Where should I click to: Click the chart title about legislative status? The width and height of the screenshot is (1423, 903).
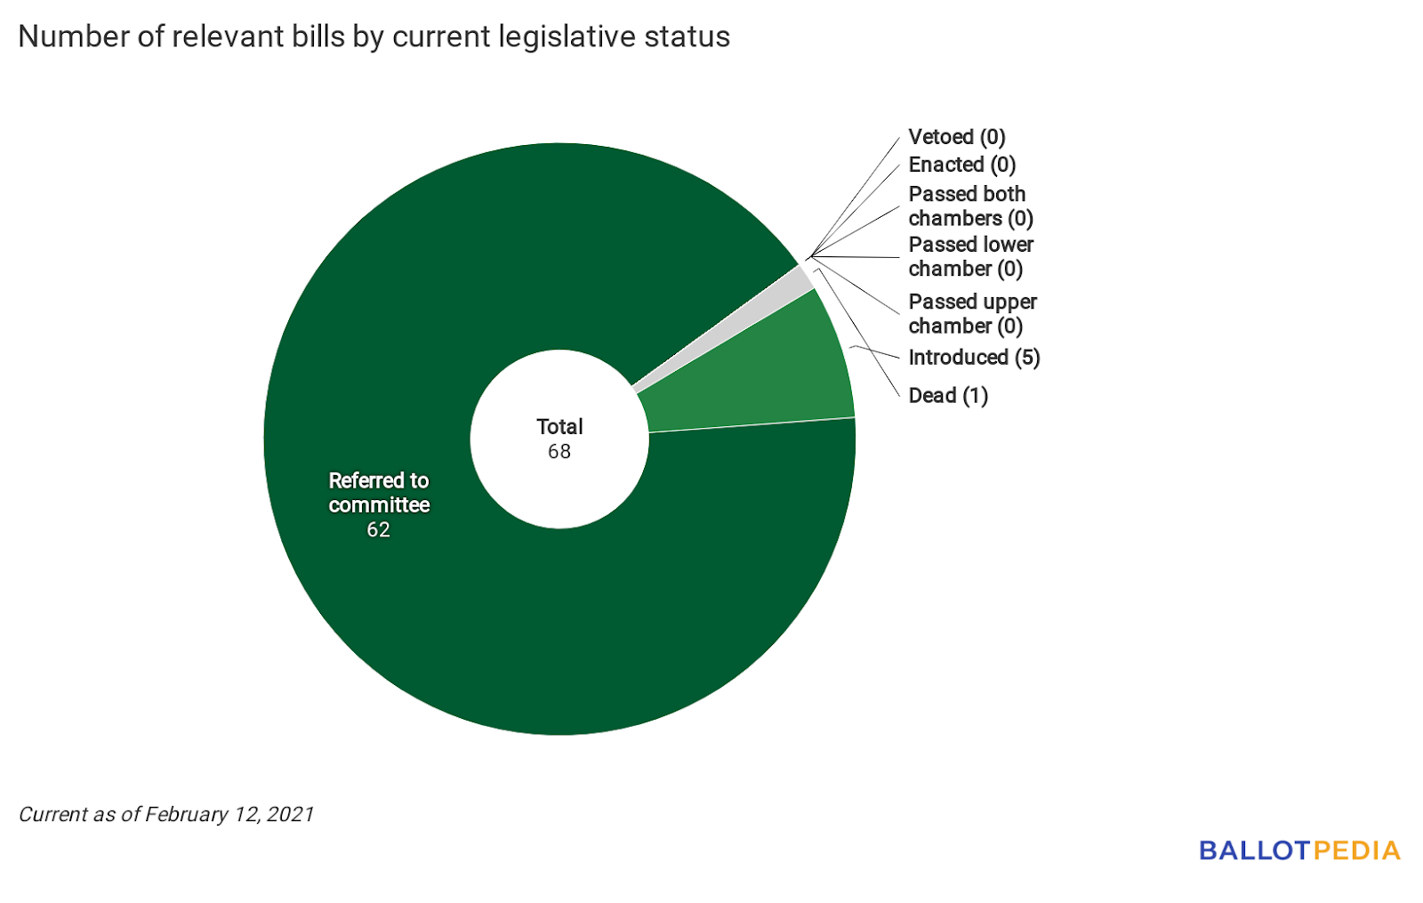[x=374, y=36]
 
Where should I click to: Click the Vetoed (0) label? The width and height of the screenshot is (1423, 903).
[x=956, y=137]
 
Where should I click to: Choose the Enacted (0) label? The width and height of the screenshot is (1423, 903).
[x=961, y=165]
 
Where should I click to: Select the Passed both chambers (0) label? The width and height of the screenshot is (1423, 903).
[x=970, y=206]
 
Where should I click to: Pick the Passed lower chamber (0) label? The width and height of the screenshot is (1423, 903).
[x=970, y=256]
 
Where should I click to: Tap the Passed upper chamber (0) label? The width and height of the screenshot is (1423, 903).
[x=972, y=313]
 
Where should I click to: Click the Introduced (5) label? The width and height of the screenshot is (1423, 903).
[x=974, y=357]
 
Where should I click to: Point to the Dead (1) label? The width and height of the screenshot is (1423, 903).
[x=948, y=395]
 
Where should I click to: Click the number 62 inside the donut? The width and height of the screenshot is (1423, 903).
[x=378, y=530]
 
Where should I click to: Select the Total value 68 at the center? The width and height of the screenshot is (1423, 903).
[x=559, y=452]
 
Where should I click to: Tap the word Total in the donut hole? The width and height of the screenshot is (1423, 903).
[x=559, y=427]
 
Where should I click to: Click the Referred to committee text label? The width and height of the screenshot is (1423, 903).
[x=379, y=493]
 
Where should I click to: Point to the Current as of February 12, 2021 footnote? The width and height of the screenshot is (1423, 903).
[x=166, y=814]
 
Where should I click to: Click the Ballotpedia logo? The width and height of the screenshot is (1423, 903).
[x=1299, y=851]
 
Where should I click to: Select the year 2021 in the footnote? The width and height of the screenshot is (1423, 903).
[x=290, y=814]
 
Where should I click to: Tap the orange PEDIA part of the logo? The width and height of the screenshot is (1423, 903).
[x=1356, y=851]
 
